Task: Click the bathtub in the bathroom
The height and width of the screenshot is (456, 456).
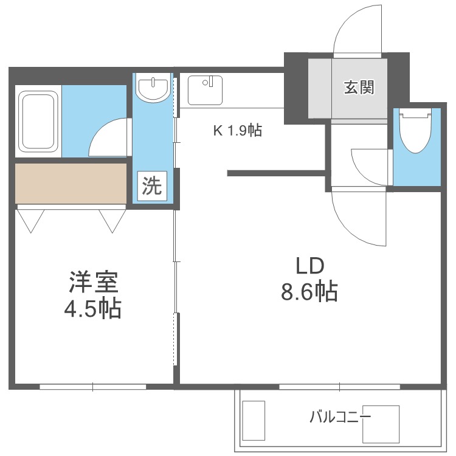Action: tap(38, 121)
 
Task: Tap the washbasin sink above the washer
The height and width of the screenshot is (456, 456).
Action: tap(153, 88)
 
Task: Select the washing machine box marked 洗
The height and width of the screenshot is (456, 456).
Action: tap(152, 186)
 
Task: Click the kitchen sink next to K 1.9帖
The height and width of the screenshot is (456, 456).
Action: tap(205, 90)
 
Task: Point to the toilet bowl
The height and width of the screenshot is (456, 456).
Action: tap(415, 131)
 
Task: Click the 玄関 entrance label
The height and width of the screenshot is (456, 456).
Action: tap(359, 87)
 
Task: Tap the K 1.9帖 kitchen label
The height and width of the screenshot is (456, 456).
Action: tap(238, 131)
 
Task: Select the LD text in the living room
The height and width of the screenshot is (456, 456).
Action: tap(309, 266)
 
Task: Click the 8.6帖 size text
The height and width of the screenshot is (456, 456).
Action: tap(309, 291)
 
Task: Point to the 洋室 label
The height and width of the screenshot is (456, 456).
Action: tap(94, 282)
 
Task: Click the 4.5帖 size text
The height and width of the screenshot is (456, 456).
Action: tap(92, 308)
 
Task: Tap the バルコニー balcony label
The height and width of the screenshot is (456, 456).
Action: tap(340, 417)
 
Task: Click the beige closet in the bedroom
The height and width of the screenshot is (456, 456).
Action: tap(71, 184)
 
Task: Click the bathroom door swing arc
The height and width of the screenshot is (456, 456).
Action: tap(99, 131)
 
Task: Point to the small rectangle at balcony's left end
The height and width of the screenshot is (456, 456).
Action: tap(254, 421)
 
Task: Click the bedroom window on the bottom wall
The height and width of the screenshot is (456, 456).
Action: tap(93, 387)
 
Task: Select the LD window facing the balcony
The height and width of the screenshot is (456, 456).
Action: tap(340, 387)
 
